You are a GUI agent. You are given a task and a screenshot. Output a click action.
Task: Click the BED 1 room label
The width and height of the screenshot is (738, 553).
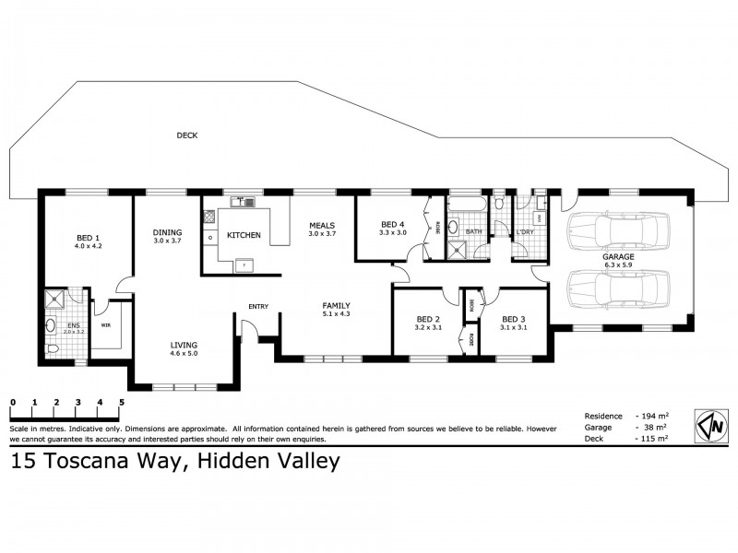coord(88,236)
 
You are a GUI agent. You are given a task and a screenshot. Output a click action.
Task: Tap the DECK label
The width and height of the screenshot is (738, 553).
coord(187,135)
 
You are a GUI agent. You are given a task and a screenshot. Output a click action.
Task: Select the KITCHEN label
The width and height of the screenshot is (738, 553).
coord(244,236)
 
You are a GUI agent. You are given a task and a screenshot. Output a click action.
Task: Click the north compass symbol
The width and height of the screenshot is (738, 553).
coord(710,426)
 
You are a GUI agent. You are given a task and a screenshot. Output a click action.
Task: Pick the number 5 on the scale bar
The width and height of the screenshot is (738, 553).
coord(122,403)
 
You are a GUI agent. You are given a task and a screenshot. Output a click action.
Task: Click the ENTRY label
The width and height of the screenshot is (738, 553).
coord(258,307)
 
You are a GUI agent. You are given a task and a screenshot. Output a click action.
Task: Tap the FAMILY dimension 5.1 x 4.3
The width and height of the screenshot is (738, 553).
coord(336,314)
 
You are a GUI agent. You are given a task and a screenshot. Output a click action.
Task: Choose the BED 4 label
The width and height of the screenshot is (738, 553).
coord(392,224)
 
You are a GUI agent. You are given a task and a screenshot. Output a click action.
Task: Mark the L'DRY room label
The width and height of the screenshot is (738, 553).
coord(526,231)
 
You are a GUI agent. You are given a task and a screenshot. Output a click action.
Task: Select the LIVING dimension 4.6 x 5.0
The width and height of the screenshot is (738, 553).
coord(183,354)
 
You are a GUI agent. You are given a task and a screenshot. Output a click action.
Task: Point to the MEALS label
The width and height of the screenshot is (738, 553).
coord(322,225)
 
